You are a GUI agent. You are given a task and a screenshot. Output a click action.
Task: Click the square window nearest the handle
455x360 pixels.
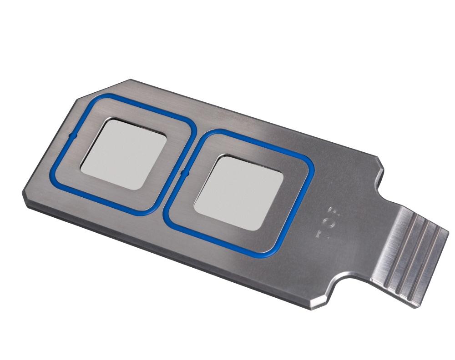point(238,191)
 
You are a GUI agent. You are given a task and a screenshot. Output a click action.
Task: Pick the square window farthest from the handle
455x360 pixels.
point(123,152)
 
